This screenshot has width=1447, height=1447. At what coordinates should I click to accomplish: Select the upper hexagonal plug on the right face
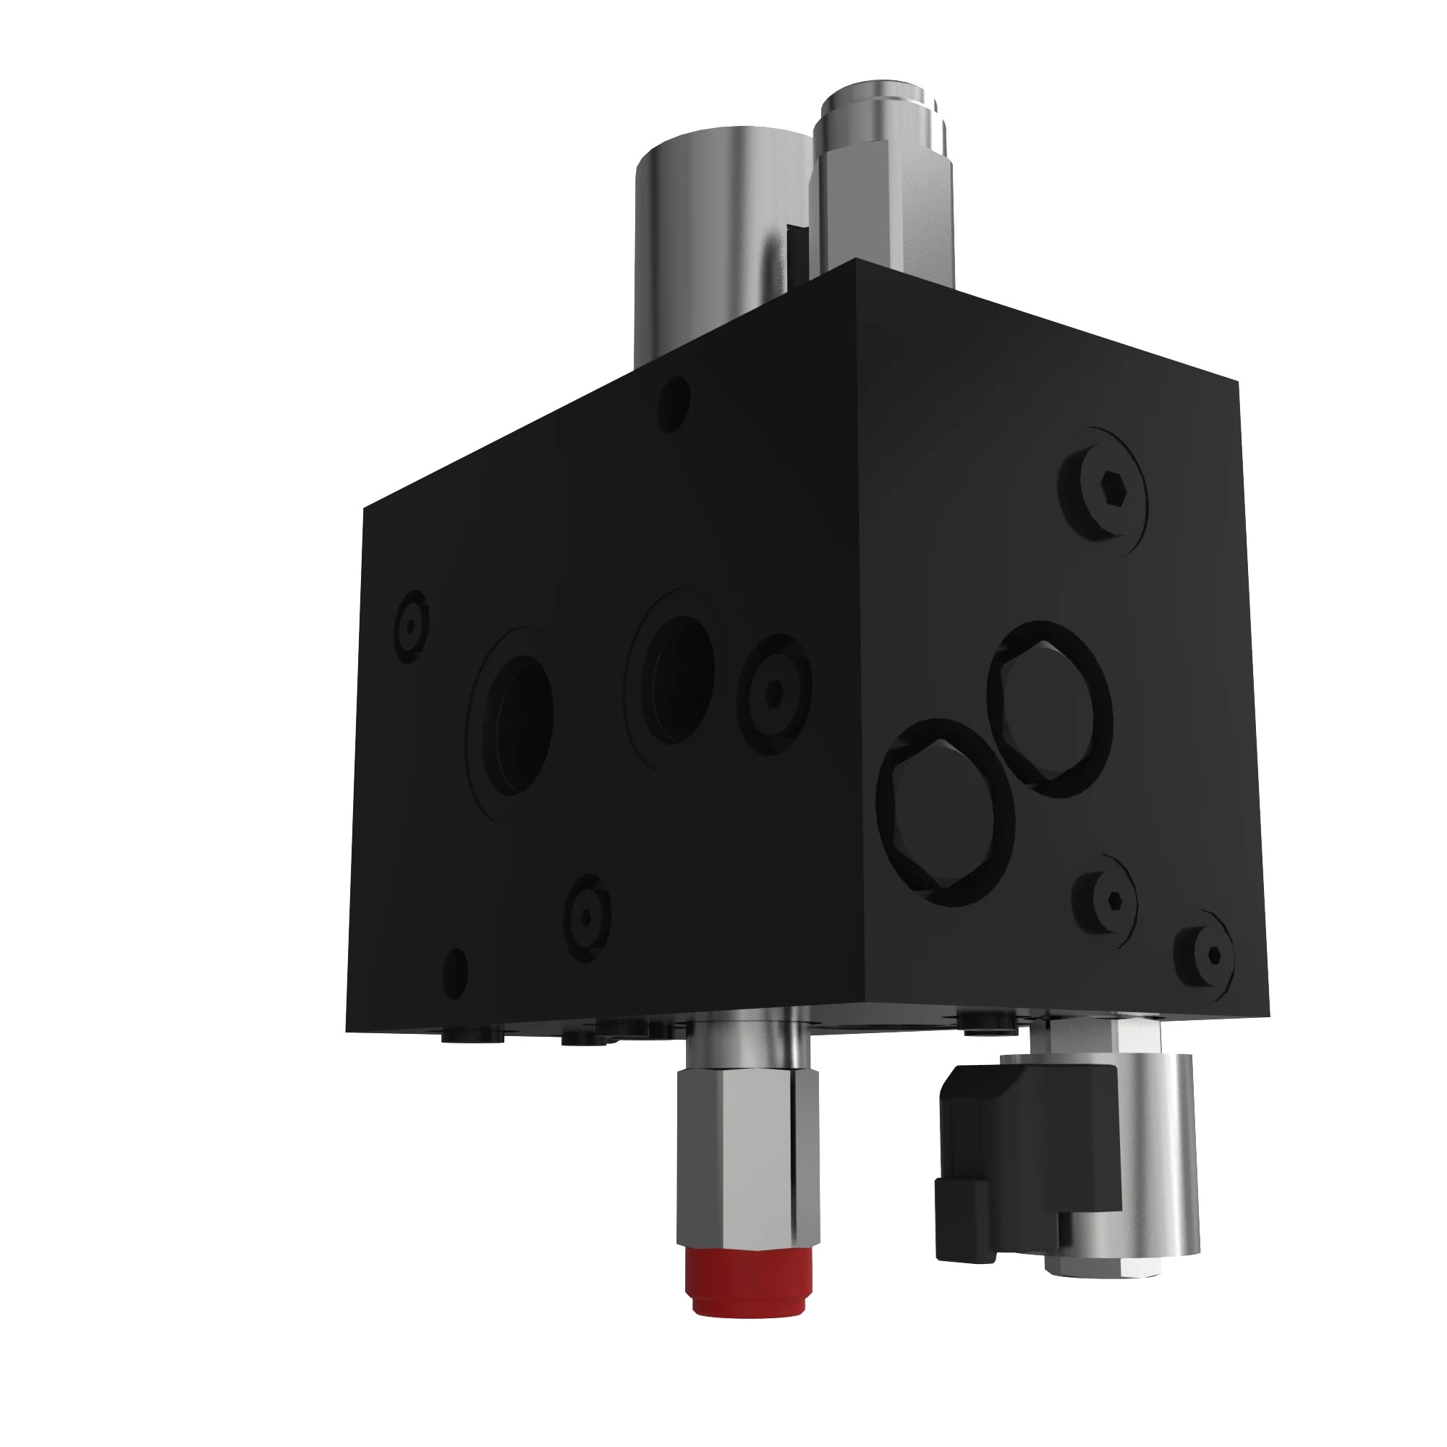pos(1050,708)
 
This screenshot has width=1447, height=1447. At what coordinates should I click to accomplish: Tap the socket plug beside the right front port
pos(774,693)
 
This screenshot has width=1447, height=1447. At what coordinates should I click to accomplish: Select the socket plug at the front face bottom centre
pos(587,918)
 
